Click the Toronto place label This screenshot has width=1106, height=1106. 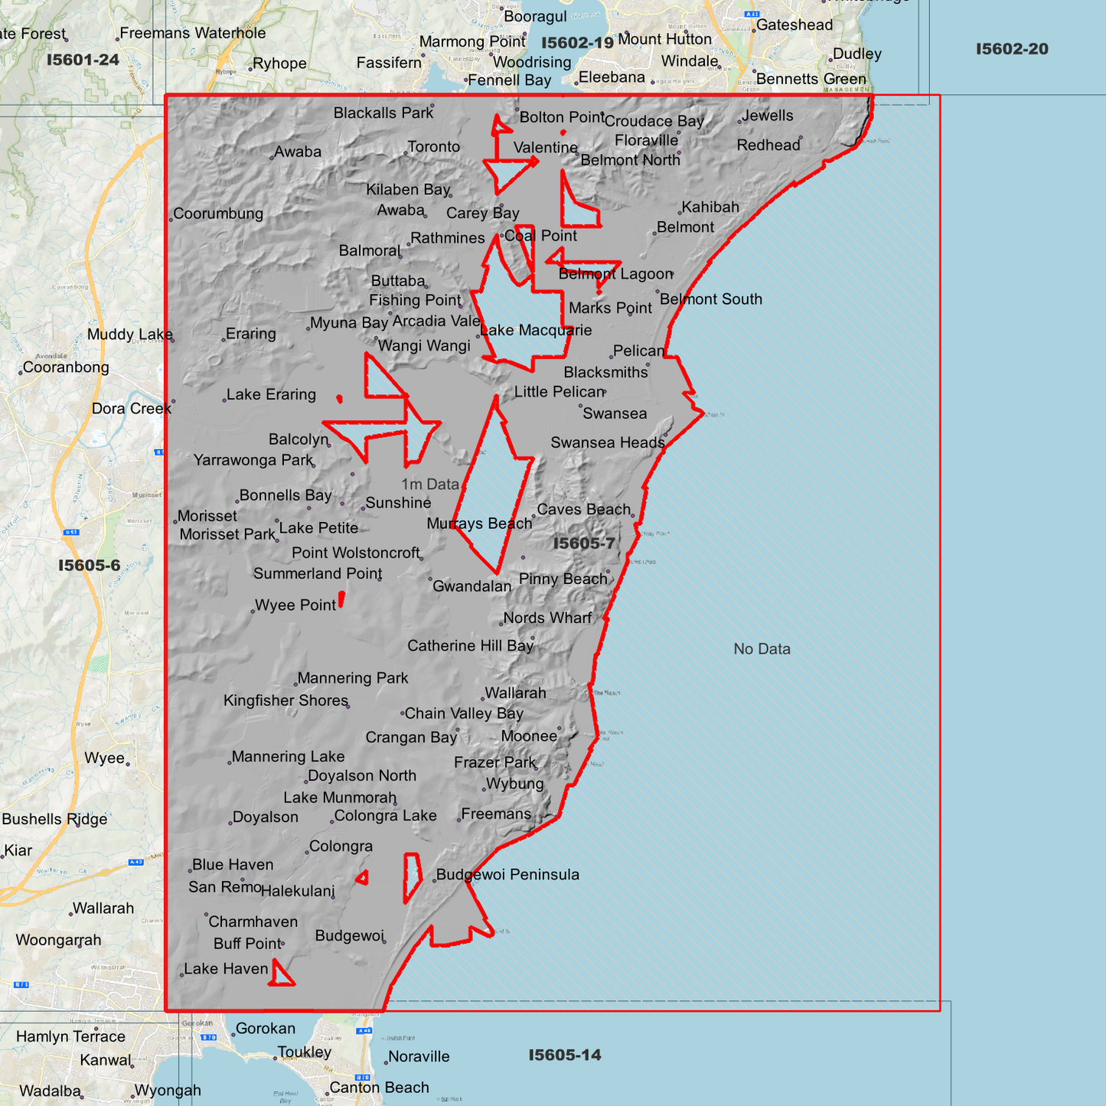click(x=433, y=147)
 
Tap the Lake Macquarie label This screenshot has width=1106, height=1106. click(x=536, y=331)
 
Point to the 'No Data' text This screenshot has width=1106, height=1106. click(x=762, y=649)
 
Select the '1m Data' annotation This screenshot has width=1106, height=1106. click(x=430, y=484)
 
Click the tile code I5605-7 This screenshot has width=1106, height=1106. click(x=584, y=543)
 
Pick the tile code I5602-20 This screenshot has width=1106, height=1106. click(x=1012, y=49)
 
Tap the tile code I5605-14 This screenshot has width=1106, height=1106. click(x=565, y=1055)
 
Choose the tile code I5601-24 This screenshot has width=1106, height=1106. click(x=83, y=60)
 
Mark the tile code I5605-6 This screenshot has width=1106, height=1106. click(x=90, y=566)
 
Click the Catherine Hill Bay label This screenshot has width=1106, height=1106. click(x=470, y=646)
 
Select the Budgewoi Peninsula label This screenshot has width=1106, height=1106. click(x=507, y=875)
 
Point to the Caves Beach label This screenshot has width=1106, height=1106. click(x=584, y=510)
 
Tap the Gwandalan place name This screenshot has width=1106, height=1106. click(x=471, y=586)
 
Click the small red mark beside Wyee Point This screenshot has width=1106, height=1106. click(x=341, y=599)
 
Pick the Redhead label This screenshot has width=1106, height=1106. click(x=768, y=145)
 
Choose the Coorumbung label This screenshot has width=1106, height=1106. click(x=218, y=214)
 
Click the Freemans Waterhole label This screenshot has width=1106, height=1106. click(x=193, y=33)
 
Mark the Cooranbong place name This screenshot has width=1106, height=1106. click(x=66, y=367)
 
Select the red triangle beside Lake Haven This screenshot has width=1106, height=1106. click(x=281, y=974)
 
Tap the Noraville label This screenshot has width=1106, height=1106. click(x=419, y=1057)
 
